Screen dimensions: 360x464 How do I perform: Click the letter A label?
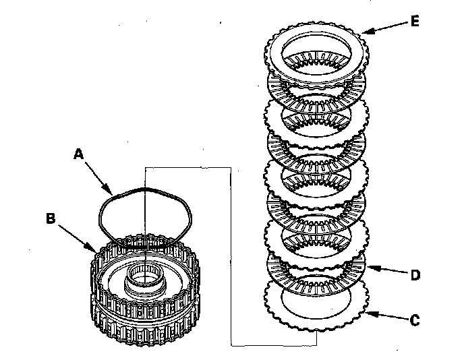click(79, 154)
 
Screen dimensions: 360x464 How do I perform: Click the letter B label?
click(49, 218)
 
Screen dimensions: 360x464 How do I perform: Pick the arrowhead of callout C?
click(367, 311)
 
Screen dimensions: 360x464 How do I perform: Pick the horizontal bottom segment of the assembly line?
click(273, 345)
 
